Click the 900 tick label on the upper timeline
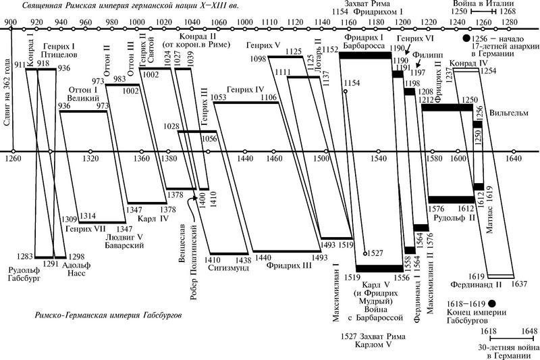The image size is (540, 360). (x=11, y=23)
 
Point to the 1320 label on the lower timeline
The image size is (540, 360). (x=90, y=159)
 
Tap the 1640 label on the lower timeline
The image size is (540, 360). (x=514, y=159)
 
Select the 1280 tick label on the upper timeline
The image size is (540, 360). (x=509, y=23)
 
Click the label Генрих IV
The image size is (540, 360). (x=245, y=90)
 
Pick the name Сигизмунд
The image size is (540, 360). (x=229, y=268)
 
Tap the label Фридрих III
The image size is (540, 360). (x=290, y=266)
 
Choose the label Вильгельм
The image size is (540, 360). (x=509, y=113)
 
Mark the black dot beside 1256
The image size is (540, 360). (x=466, y=38)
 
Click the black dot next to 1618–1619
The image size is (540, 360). (x=492, y=303)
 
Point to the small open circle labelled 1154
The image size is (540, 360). (x=345, y=91)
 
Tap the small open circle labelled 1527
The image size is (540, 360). (x=364, y=253)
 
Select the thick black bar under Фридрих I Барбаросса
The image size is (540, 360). (x=365, y=55)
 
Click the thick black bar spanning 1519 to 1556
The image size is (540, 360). (x=379, y=269)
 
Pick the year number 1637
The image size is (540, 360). (x=519, y=284)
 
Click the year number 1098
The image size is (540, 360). (x=259, y=59)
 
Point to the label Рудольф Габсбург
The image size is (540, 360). (x=24, y=274)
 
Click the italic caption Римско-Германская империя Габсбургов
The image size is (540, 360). (x=108, y=315)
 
